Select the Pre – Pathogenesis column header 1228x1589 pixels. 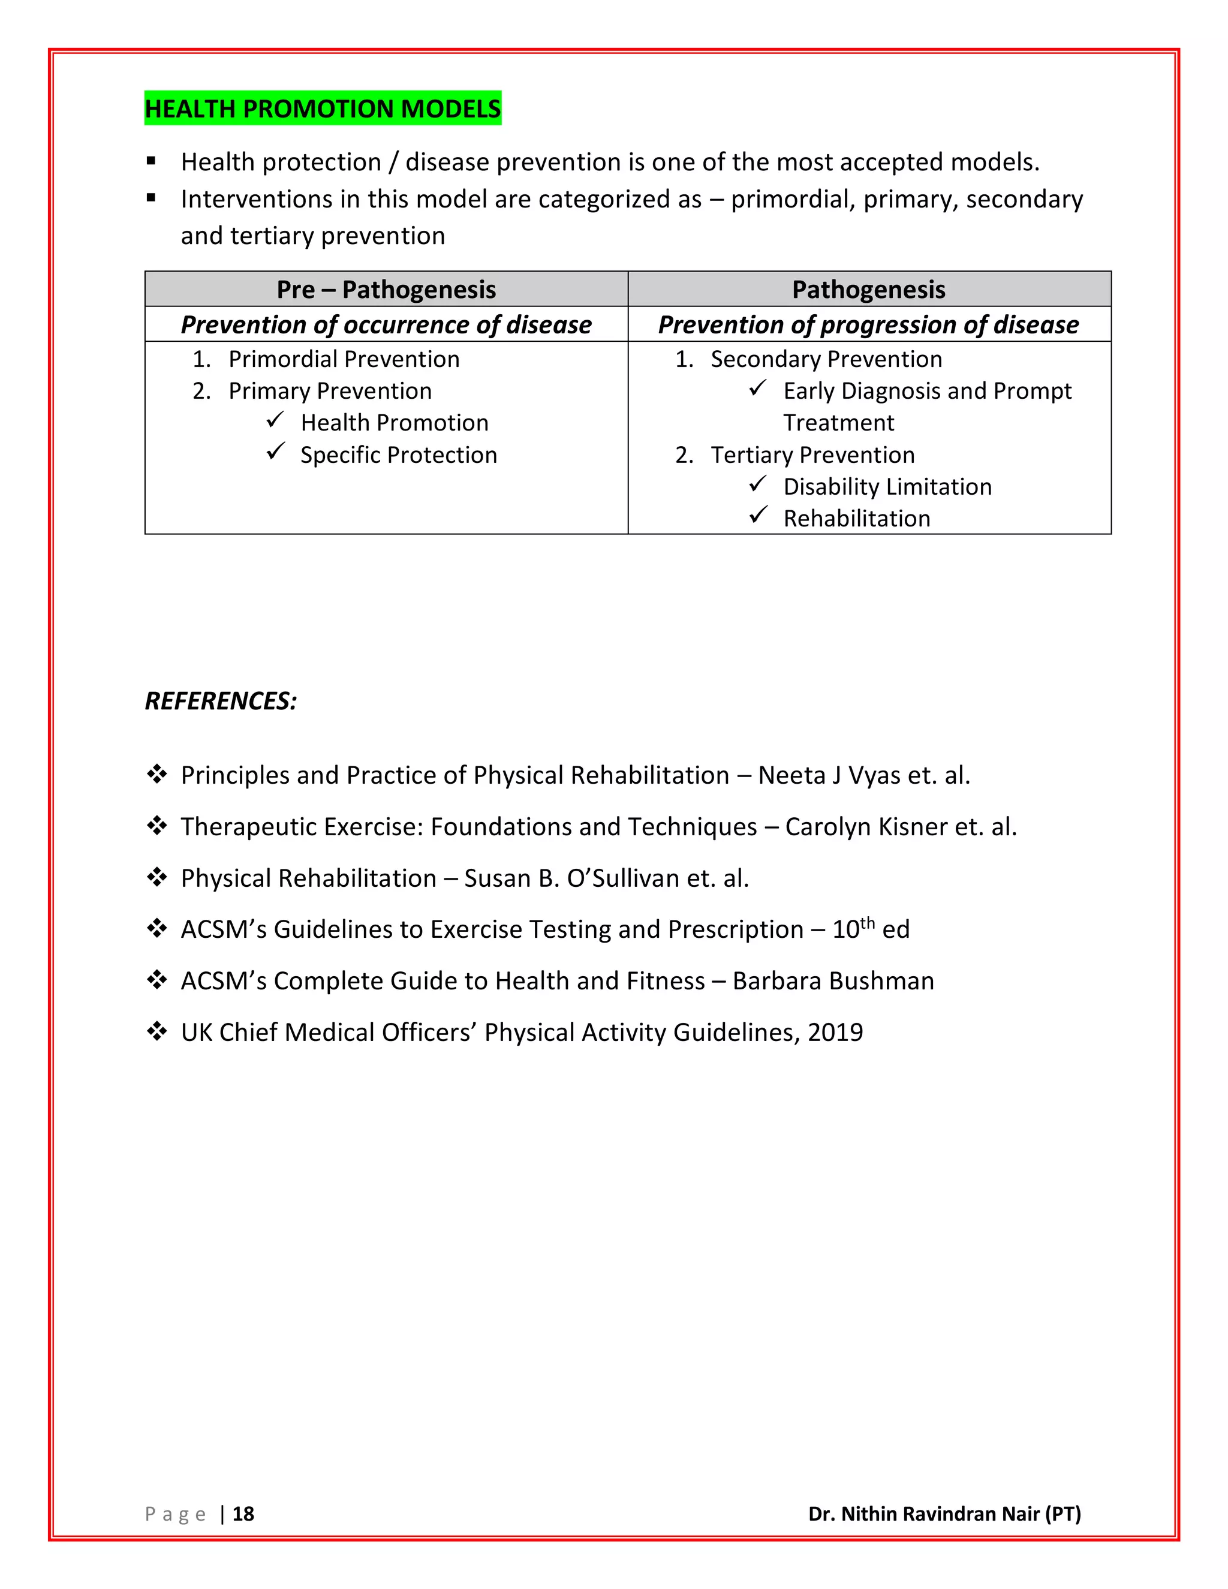click(x=386, y=290)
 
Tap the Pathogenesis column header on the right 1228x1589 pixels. click(x=869, y=290)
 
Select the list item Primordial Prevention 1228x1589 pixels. click(x=344, y=359)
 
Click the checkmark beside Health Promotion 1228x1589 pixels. click(x=275, y=420)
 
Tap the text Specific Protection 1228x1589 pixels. click(x=399, y=455)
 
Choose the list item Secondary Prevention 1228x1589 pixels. click(x=826, y=359)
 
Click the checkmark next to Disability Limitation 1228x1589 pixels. click(x=758, y=484)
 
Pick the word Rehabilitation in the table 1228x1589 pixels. click(x=856, y=519)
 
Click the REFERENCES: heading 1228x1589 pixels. click(x=221, y=700)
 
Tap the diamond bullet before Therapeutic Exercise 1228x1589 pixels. click(x=156, y=826)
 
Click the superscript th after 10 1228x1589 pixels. click(x=867, y=923)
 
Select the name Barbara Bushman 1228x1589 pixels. click(x=833, y=982)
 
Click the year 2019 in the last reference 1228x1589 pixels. click(x=835, y=1033)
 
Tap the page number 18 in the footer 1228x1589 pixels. click(x=243, y=1514)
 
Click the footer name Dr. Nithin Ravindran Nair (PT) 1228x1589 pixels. click(x=944, y=1514)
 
